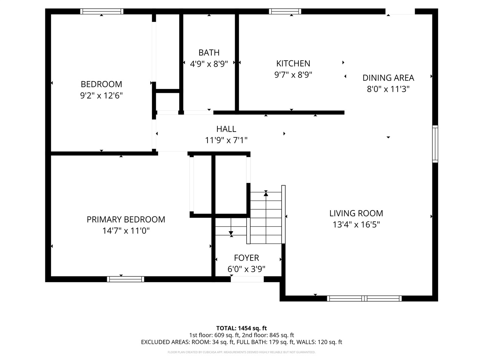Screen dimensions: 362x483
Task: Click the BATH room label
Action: click(209, 52)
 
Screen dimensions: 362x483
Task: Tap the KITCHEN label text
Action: click(293, 63)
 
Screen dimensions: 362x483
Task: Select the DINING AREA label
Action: click(388, 78)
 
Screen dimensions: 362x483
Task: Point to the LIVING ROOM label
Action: click(356, 213)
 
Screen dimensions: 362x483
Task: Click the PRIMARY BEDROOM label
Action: click(126, 219)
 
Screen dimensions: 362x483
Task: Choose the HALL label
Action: click(226, 129)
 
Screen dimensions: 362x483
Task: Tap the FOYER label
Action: click(246, 258)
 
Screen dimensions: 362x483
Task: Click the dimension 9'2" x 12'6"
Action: click(101, 95)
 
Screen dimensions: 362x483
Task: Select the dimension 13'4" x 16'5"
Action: click(356, 225)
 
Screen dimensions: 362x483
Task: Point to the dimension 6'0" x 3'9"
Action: click(246, 269)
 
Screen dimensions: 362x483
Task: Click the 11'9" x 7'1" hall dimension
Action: click(226, 140)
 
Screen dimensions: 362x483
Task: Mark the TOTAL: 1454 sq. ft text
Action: click(241, 328)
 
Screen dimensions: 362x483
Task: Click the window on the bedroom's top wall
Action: click(102, 11)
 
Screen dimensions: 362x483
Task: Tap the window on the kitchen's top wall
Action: click(285, 11)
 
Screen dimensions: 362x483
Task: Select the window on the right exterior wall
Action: click(435, 144)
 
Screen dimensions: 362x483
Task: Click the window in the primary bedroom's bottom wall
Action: click(126, 279)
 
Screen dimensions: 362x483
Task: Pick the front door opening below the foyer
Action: click(247, 279)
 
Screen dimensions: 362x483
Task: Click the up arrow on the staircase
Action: click(266, 194)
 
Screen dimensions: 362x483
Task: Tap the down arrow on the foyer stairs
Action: click(231, 233)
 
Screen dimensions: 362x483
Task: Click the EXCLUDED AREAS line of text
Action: click(241, 342)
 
